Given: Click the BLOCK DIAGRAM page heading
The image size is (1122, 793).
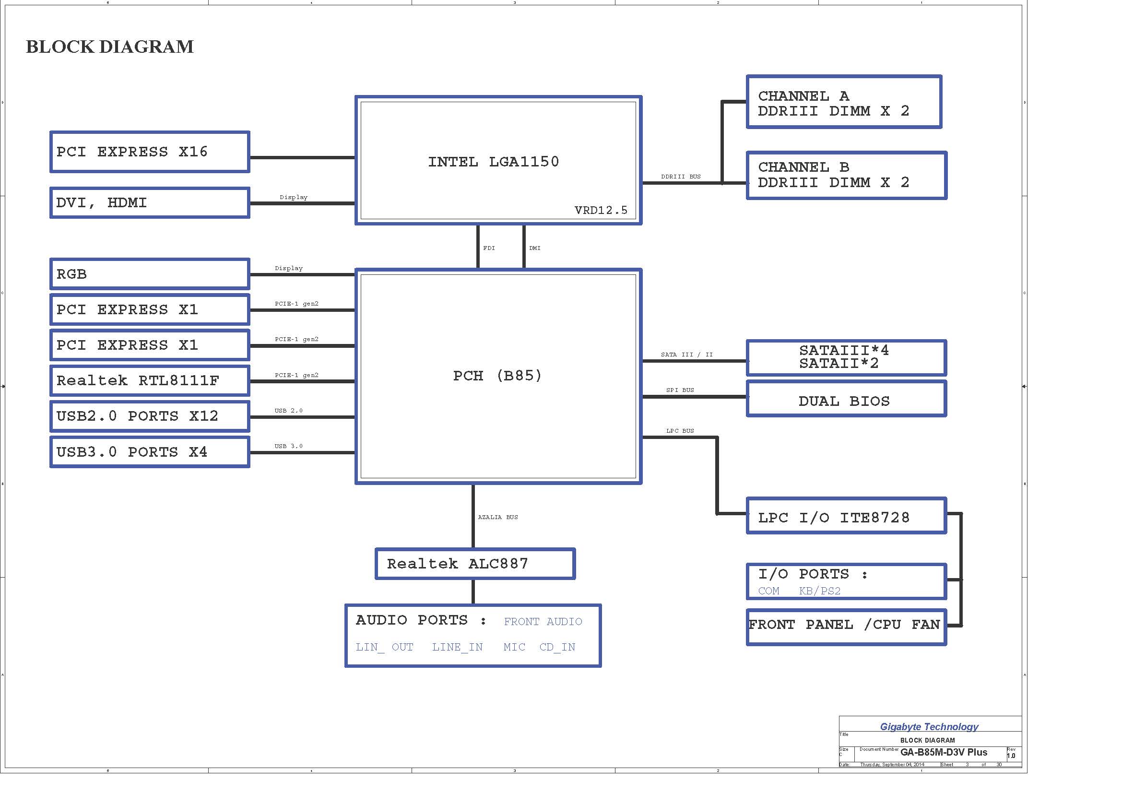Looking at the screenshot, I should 109,47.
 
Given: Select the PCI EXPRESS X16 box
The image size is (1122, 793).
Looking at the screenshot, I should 150,152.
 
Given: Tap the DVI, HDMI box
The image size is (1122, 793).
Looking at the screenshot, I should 150,203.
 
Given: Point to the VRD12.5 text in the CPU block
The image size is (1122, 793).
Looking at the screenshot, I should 601,210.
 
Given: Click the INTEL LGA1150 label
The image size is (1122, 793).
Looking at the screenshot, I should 493,162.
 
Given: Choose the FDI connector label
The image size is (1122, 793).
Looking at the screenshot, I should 489,248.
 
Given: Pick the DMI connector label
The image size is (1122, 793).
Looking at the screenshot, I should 534,248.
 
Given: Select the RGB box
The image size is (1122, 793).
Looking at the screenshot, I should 150,274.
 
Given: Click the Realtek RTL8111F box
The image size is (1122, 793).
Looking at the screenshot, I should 150,380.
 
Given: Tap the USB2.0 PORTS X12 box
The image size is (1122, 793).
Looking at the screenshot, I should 150,416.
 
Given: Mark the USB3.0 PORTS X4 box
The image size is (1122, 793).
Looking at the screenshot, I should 150,452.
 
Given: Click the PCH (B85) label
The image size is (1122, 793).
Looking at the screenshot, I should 497,376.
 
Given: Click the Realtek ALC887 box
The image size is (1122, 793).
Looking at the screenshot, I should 474,564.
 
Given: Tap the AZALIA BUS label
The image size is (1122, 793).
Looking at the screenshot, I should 497,517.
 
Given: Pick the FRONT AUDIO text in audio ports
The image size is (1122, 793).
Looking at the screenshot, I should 543,622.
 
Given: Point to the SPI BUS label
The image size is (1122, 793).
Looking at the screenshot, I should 680,390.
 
